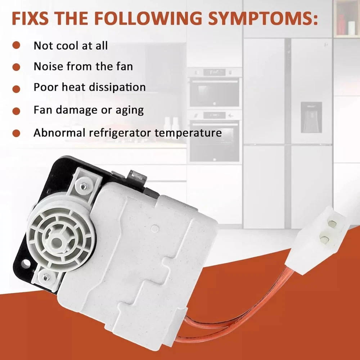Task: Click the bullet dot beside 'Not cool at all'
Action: [16, 45]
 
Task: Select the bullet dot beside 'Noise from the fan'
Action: [16, 67]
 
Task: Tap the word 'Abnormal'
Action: [59, 132]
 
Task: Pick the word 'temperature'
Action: [188, 133]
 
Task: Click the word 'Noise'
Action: [48, 66]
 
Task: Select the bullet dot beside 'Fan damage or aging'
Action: [16, 111]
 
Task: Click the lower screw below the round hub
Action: [46, 278]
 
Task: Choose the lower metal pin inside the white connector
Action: [325, 239]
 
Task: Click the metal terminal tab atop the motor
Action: [138, 177]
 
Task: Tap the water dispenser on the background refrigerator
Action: [311, 117]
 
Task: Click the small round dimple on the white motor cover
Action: [155, 229]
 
